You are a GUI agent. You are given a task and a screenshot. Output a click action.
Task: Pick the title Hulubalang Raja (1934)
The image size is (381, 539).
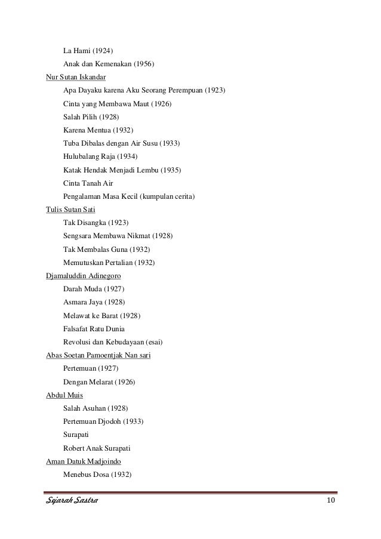100,156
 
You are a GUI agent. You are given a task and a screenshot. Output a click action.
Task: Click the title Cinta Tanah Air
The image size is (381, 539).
88,183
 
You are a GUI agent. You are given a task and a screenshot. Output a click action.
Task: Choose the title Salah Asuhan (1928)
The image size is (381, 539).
95,408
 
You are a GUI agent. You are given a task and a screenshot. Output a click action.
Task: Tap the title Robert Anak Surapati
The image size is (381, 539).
97,448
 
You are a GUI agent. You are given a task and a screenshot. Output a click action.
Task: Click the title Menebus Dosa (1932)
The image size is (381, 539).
97,475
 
